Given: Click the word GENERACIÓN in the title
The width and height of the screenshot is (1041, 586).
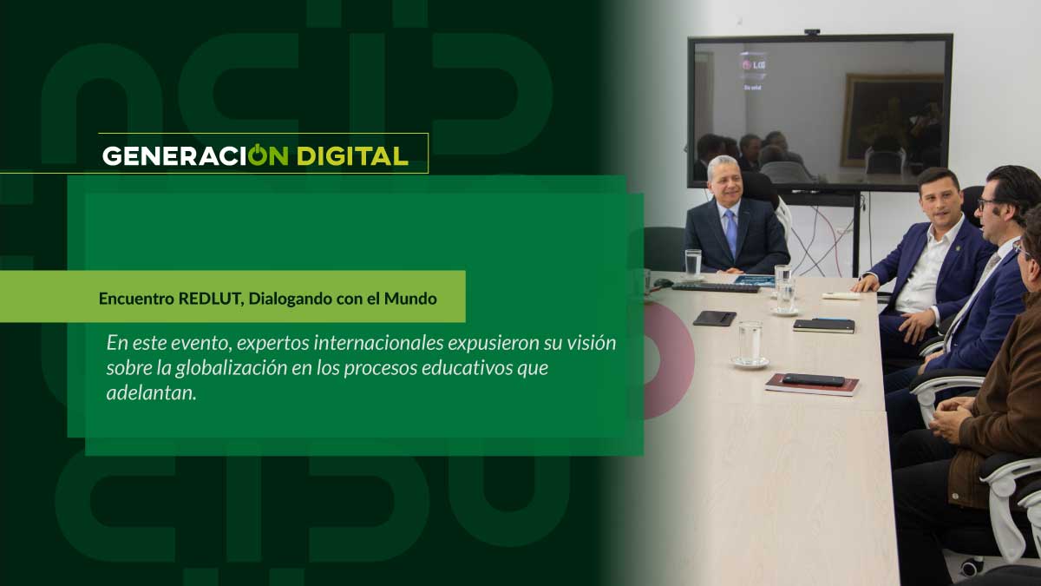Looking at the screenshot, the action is coord(195,155).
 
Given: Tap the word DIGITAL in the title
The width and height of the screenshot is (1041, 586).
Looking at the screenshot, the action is coord(352,156).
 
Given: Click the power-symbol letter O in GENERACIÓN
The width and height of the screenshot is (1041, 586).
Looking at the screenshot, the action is coord(257,155).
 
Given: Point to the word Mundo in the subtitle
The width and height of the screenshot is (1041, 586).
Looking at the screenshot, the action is coord(410,299).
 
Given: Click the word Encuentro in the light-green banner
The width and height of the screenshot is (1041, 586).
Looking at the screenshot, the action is coord(137,299).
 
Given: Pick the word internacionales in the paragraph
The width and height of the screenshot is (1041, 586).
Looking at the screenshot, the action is coord(378,343).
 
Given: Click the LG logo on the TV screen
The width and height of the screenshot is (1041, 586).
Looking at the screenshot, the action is coord(753,65).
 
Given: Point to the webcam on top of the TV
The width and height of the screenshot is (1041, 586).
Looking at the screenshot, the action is coord(812,32).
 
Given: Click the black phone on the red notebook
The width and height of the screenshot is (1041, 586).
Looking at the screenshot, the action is coord(814,379).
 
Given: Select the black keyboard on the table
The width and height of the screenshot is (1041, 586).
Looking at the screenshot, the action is coord(716,288).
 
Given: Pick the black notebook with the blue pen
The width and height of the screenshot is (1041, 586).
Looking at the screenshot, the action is coord(823,325).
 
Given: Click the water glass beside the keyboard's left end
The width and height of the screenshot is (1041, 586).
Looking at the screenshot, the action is coord(693,264).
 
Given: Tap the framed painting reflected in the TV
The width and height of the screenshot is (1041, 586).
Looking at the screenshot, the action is coord(893,121).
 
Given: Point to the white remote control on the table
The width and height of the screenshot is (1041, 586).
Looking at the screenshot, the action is coord(841,296).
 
